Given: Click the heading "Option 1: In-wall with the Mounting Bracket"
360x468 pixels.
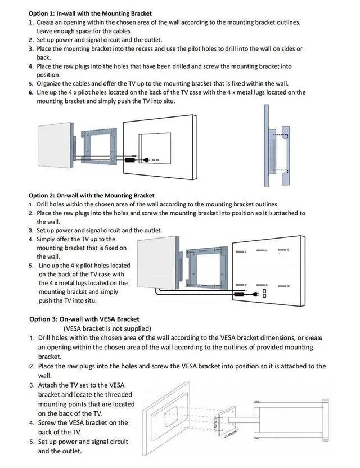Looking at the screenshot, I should tap(90, 13).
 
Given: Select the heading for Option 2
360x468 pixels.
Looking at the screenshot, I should tap(91, 195).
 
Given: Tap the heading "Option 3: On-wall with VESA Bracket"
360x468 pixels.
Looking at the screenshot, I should tap(84, 319).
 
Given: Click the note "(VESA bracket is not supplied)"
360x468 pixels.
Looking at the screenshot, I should tap(107, 328).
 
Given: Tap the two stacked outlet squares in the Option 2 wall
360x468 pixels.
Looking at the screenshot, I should tap(264, 292).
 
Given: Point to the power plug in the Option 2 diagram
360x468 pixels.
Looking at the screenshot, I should tap(240, 293).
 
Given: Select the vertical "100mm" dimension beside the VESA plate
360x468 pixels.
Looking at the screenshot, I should tap(216, 423).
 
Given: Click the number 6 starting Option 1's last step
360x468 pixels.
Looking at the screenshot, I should tap(31, 92).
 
